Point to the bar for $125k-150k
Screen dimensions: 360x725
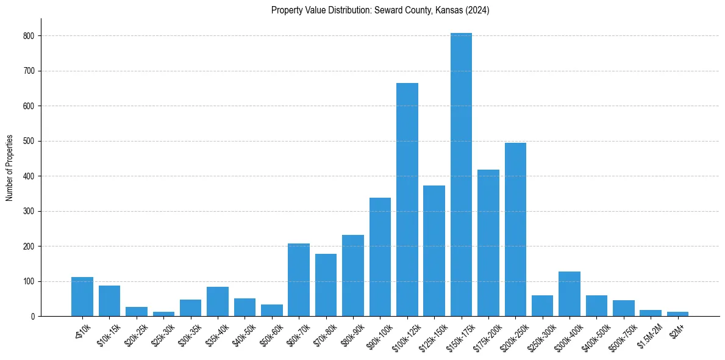[434, 251]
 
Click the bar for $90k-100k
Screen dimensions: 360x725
[380, 257]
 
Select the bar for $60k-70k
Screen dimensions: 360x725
[299, 280]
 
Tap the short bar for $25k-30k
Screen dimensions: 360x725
[163, 314]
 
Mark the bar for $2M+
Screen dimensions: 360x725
[677, 314]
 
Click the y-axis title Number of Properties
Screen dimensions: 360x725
[10, 168]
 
